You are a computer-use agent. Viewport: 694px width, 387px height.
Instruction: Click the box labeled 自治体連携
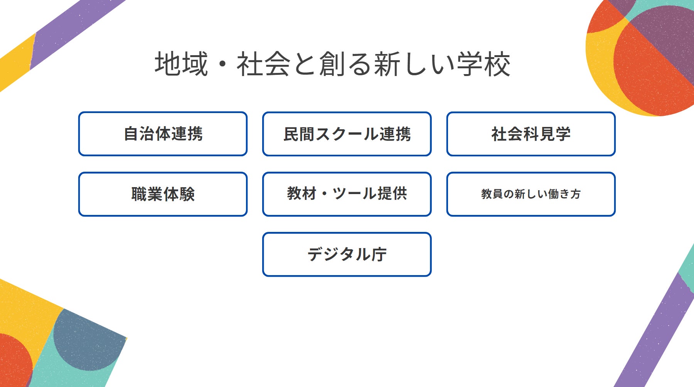pos(163,134)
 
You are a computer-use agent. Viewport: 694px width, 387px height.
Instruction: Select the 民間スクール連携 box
pos(347,134)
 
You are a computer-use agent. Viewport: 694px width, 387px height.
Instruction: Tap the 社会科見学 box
pos(531,134)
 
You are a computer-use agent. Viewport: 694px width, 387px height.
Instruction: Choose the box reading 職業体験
pos(163,194)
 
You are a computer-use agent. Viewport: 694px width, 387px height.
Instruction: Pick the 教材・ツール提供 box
pos(347,194)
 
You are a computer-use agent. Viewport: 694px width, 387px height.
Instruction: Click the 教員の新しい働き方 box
pos(531,194)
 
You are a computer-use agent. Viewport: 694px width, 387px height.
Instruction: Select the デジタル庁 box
pos(347,254)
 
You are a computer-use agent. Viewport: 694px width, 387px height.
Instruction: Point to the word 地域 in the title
pos(181,64)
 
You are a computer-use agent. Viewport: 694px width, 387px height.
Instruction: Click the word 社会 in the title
pos(263,64)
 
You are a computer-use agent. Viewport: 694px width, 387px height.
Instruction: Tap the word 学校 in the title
pos(483,64)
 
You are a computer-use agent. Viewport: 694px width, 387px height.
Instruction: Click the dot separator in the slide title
pos(222,65)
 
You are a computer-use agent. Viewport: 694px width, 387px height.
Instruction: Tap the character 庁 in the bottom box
pos(379,255)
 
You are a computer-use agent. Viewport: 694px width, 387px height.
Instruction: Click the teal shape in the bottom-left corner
pos(73,370)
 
